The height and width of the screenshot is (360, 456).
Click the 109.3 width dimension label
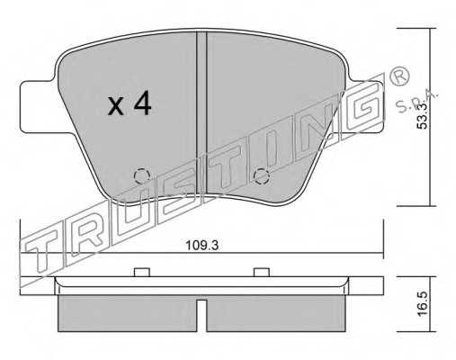[202, 246]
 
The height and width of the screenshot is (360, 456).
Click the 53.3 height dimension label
[423, 115]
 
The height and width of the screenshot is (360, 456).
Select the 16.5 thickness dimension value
[423, 304]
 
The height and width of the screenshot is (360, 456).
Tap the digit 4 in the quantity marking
[143, 103]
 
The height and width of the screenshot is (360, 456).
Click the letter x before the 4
[116, 106]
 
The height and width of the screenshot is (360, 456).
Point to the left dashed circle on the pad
[142, 176]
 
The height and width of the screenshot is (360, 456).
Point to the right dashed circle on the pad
[261, 176]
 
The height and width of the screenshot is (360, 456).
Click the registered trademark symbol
[399, 76]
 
